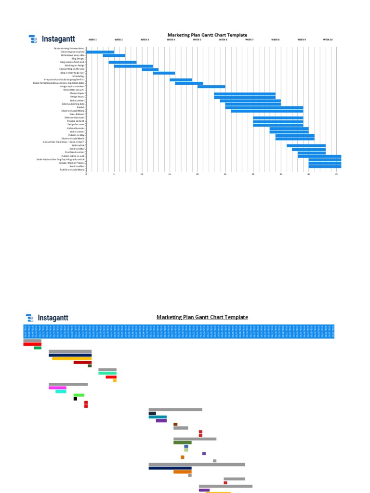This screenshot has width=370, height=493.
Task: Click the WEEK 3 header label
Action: coord(145,39)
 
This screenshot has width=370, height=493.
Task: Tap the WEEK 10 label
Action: coord(328,39)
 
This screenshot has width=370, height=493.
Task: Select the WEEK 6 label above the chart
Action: coord(223,39)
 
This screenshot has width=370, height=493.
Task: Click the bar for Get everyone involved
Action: coord(100,52)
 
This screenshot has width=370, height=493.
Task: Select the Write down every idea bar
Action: coord(114,55)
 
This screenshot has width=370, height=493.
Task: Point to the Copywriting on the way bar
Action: coord(150,69)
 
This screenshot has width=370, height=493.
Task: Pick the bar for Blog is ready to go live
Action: coord(164,73)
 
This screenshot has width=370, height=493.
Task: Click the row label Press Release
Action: coord(77,114)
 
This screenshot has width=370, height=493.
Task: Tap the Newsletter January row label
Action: coord(74,90)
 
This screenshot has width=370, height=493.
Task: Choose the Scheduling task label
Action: coord(79,76)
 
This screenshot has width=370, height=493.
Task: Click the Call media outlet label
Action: coord(76,128)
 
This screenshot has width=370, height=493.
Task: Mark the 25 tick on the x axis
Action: coord(225,174)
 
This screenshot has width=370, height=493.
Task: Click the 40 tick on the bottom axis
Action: coord(309,174)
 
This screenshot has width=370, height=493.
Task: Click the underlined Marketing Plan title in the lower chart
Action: coord(202,317)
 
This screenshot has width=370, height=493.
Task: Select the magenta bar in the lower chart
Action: coord(57,388)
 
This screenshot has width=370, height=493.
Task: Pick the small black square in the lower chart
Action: coord(75,399)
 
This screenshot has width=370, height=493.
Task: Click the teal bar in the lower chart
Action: coord(158,417)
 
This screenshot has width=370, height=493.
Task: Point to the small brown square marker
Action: coord(175,424)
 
